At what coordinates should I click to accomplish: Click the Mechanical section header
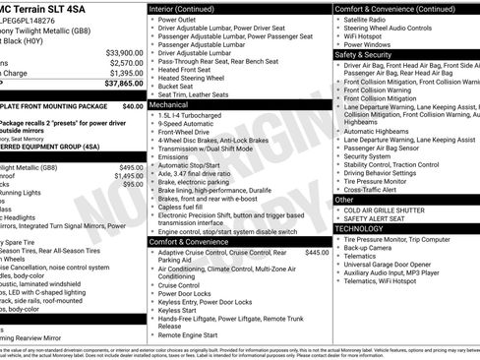(x=169, y=103)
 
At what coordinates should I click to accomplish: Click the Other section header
(x=344, y=199)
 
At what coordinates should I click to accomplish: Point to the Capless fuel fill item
(x=188, y=207)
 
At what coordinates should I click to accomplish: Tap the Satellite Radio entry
(x=367, y=19)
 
